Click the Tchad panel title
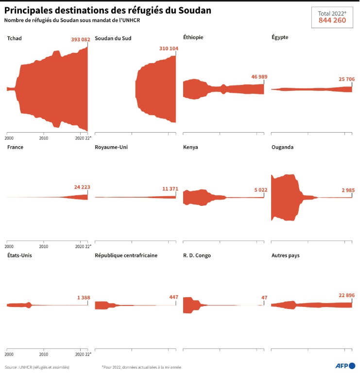tap(15, 38)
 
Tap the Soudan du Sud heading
tap(113, 38)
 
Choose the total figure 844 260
tap(332, 20)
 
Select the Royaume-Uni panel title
tap(111, 147)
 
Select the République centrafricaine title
tap(126, 255)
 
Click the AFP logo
tap(345, 366)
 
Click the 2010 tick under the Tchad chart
tap(44, 137)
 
